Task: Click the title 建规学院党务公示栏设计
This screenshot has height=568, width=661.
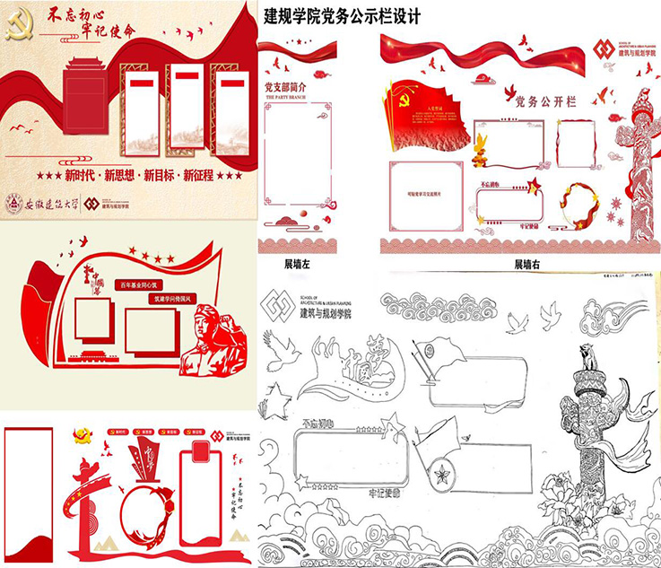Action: (343, 16)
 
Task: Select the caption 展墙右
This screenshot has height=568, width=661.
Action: (527, 265)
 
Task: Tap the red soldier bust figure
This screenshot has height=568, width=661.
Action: (214, 345)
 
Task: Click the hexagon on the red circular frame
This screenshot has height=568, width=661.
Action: (167, 505)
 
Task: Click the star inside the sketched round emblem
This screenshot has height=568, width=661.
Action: (441, 474)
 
